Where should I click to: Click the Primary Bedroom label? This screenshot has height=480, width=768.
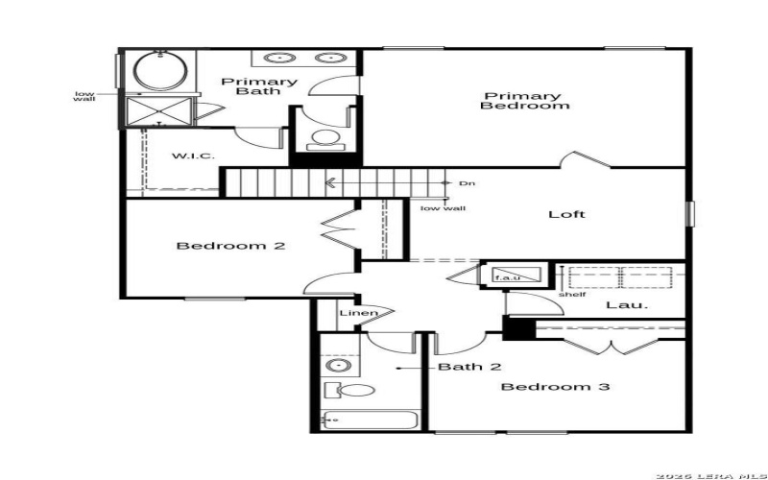click(522, 101)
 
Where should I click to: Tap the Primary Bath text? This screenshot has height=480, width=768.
click(258, 86)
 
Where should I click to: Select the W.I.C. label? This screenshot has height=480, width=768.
click(192, 156)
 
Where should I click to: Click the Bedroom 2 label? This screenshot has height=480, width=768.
click(230, 246)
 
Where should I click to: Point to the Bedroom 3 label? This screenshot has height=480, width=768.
click(556, 387)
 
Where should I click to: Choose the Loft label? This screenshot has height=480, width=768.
click(566, 214)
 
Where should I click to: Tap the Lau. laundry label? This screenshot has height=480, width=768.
click(627, 305)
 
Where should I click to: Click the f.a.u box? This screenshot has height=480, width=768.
click(507, 277)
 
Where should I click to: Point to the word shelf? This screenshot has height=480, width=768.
click(571, 295)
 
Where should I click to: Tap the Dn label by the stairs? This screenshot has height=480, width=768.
click(467, 182)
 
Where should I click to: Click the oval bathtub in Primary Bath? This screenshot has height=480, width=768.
click(151, 71)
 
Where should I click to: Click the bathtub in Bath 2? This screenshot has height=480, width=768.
click(371, 420)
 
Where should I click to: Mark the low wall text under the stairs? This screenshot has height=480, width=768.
click(443, 207)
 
